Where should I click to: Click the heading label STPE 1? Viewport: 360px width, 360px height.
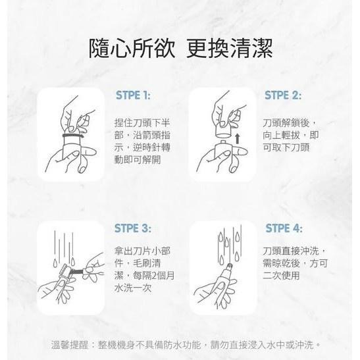coord(133,95)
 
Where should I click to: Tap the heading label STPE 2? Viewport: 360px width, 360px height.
coord(282,95)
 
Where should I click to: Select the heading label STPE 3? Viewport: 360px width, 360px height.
coord(133,228)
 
